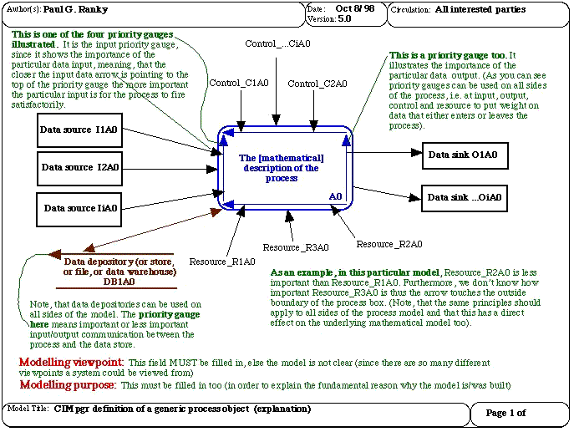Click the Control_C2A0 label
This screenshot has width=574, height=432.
pyautogui.click(x=317, y=84)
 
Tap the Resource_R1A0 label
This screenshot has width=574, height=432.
pyautogui.click(x=222, y=262)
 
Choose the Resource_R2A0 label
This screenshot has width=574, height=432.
pyautogui.click(x=389, y=244)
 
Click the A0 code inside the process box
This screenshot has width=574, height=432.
pyautogui.click(x=335, y=196)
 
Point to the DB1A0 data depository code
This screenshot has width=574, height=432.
pyautogui.click(x=119, y=282)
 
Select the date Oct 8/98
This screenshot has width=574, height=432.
pyautogui.click(x=355, y=8)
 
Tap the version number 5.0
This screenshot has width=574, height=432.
pyautogui.click(x=344, y=18)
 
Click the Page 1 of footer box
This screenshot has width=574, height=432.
pyautogui.click(x=505, y=413)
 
